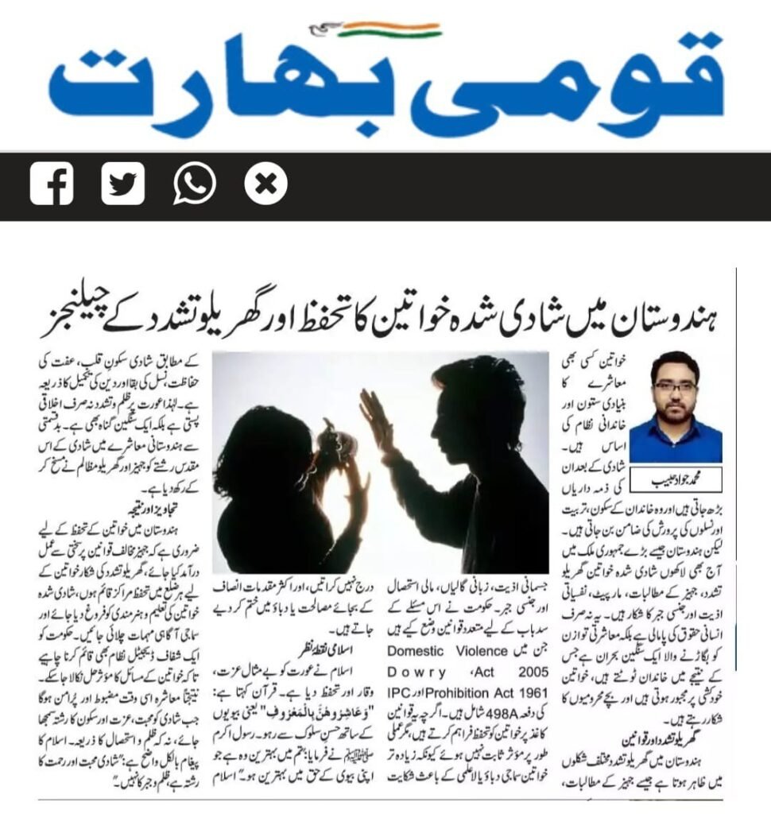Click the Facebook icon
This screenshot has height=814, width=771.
click(x=52, y=184)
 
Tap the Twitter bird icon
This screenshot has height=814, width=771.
click(x=122, y=184)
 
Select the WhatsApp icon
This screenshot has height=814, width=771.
click(x=194, y=184)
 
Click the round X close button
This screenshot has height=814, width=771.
click(x=265, y=184)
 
